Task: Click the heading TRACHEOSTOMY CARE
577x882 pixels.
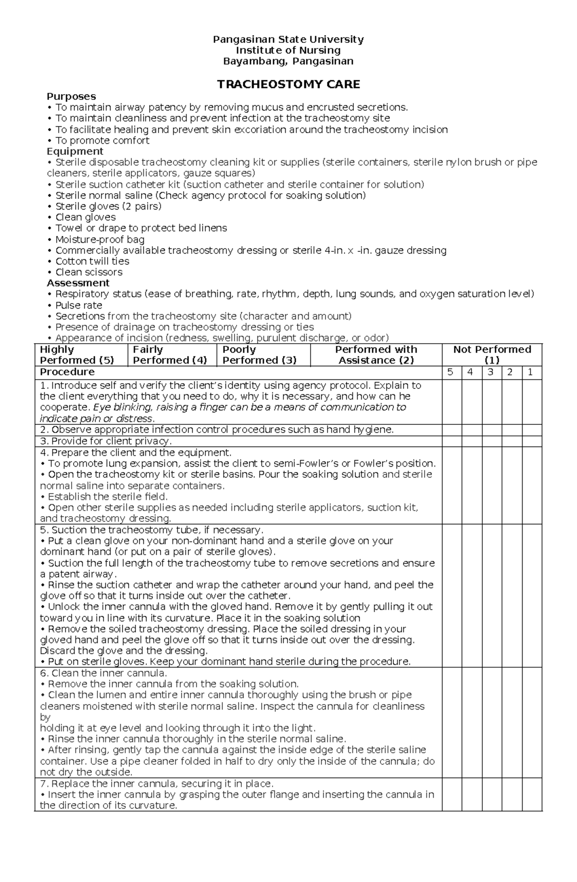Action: coord(288,85)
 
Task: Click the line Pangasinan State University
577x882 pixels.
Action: coord(288,39)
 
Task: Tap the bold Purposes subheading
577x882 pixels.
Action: coord(71,96)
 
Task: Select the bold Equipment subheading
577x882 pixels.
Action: coord(75,151)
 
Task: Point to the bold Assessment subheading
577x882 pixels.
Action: coord(78,283)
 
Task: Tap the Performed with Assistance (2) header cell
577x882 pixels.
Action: coord(376,355)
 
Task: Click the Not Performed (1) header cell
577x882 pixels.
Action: coord(492,355)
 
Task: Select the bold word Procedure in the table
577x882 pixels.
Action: coord(67,373)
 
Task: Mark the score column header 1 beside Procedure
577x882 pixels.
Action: coord(531,373)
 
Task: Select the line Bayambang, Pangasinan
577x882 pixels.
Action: coord(288,61)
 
